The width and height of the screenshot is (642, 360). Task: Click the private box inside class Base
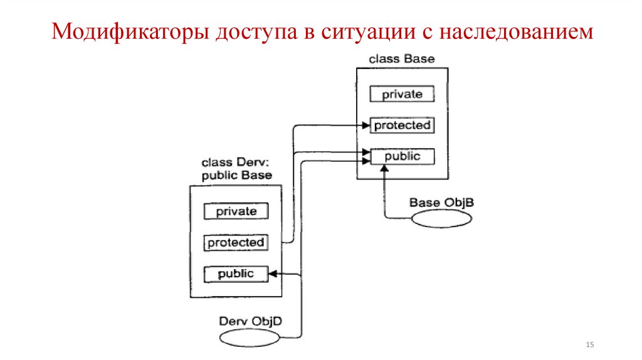click(402, 95)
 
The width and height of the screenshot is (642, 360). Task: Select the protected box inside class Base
click(402, 125)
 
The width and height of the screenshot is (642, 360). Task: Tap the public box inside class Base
click(402, 156)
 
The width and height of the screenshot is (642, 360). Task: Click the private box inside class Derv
click(236, 211)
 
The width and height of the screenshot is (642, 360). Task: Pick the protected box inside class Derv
click(236, 242)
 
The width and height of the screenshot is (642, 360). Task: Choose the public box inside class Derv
click(236, 273)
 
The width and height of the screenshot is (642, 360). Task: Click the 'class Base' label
click(401, 60)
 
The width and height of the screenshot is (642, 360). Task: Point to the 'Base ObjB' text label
click(441, 203)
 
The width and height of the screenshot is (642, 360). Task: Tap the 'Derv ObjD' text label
click(250, 321)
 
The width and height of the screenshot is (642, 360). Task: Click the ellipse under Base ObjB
click(442, 218)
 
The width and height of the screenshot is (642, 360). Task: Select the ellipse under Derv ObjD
click(251, 337)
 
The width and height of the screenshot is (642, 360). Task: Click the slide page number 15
click(589, 346)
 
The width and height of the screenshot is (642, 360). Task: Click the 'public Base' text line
click(236, 176)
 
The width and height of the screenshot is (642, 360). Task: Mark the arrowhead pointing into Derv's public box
click(273, 273)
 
